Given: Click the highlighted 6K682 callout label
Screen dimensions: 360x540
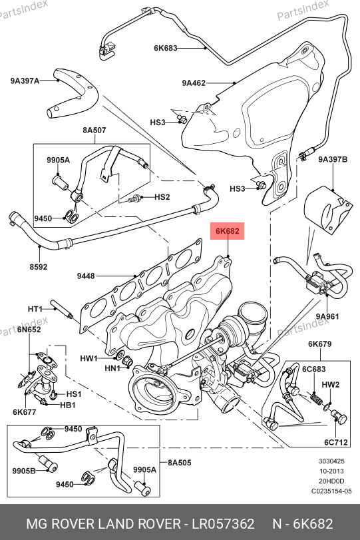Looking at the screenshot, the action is point(227,231).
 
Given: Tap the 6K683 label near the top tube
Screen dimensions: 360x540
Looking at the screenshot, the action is point(165,48).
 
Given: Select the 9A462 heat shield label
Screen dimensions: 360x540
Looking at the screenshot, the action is point(194,83).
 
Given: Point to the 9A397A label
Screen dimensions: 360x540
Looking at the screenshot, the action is point(25,81).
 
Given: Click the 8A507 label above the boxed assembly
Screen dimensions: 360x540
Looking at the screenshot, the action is point(94,131).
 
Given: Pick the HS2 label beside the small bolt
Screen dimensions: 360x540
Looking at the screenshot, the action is point(162,197).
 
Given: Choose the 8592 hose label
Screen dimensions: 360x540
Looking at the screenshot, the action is point(38,266).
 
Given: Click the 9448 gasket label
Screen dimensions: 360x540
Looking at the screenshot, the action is point(86,276).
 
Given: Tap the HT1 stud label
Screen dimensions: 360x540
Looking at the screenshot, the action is point(35,309).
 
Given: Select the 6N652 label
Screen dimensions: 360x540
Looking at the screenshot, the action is point(29,330).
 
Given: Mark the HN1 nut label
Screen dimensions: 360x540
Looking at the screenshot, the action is point(112,368).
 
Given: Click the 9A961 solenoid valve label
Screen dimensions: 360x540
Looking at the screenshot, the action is point(327,316).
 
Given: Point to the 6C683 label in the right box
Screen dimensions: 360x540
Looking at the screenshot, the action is point(313,369).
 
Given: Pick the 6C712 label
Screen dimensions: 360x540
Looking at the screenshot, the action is point(336,442).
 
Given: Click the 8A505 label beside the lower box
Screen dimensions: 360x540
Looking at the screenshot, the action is point(179,463).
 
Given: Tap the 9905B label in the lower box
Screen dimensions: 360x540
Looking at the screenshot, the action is point(24,471).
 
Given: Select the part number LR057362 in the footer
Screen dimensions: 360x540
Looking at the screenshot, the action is point(223,524).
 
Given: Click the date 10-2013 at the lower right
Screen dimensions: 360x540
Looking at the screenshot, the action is point(331,471).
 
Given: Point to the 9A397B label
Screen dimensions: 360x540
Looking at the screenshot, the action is point(333,159).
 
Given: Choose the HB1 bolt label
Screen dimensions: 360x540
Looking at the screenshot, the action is point(67,405).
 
